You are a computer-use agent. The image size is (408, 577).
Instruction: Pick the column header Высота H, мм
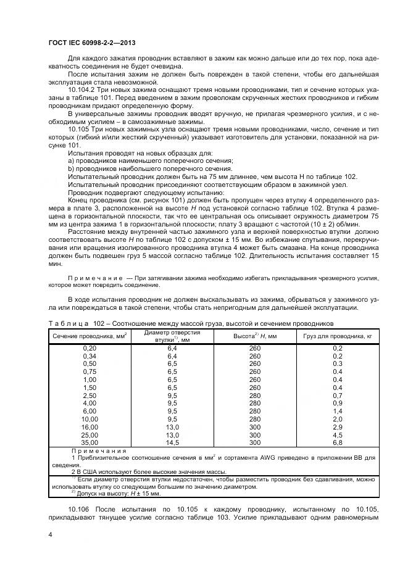(x=255, y=335)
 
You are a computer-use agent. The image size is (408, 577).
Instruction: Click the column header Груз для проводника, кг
(x=338, y=335)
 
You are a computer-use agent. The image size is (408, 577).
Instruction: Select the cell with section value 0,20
(x=90, y=349)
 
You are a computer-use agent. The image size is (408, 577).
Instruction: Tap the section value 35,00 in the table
(x=90, y=442)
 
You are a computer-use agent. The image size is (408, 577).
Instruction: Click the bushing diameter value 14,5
(x=172, y=442)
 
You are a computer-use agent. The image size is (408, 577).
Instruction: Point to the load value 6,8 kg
(x=338, y=442)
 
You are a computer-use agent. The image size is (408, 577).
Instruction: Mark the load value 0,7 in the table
(x=338, y=396)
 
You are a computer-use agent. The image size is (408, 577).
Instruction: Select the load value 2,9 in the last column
(x=338, y=427)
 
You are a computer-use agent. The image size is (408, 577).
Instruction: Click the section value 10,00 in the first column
(x=90, y=419)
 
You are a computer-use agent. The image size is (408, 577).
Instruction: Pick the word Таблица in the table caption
(x=68, y=323)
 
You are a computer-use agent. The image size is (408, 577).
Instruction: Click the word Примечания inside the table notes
(x=99, y=450)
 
